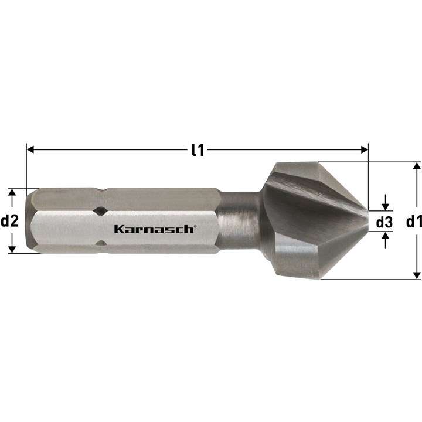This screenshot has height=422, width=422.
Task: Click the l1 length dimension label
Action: pos(198,150)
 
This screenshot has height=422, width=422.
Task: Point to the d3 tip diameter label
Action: pos(384,222)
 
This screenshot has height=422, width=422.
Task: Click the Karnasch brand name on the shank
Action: pos(154,229)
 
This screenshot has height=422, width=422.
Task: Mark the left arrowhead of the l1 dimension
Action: pos(30,149)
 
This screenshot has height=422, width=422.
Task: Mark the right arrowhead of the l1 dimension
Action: pos(365,149)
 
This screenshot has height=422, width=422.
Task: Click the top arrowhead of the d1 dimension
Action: pos(417,166)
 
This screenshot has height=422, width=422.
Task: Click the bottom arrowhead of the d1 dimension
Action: pos(417,275)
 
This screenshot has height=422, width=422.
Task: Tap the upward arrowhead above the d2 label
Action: pos(12,192)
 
